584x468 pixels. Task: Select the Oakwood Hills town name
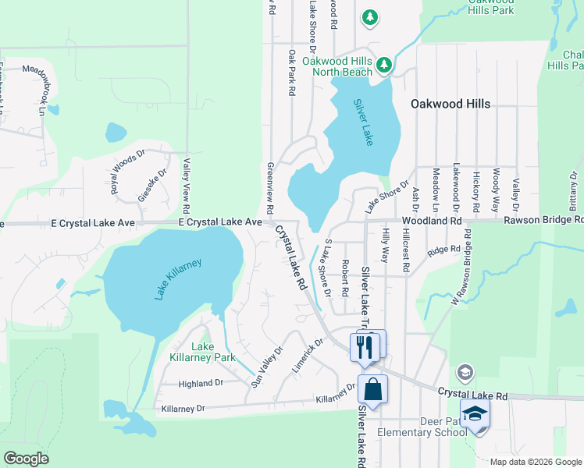click(451, 104)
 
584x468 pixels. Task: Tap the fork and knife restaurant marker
click(365, 346)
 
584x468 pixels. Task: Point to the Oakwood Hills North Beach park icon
click(383, 65)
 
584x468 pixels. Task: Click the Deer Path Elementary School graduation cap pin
click(474, 416)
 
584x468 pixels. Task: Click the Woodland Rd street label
click(432, 222)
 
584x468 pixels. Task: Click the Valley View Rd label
click(186, 186)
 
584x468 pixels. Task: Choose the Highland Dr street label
click(201, 384)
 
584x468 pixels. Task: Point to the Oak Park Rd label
click(290, 73)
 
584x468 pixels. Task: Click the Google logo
click(26, 459)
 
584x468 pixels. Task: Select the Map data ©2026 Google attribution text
click(535, 462)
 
